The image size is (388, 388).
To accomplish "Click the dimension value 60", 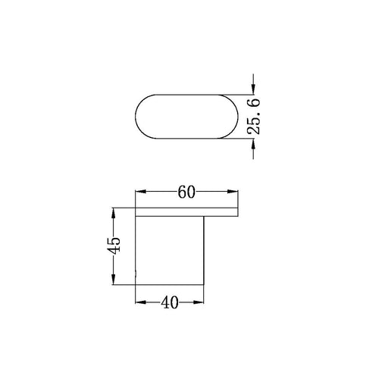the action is pos(186,192).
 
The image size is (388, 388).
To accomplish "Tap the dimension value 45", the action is pos(114,246).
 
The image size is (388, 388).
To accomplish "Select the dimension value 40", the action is pos(170,302).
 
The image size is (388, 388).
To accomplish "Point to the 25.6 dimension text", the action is pos(254,116).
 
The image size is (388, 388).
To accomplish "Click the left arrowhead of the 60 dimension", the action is pos(141,192).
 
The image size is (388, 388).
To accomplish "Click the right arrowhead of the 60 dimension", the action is pos(233,192).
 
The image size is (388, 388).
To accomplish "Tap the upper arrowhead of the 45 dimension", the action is pos(114,213).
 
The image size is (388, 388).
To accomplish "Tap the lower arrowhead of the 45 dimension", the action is pos(114,280).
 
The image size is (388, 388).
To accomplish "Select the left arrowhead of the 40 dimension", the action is pos(141,302).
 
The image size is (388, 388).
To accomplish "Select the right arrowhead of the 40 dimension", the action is pos(199,302).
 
